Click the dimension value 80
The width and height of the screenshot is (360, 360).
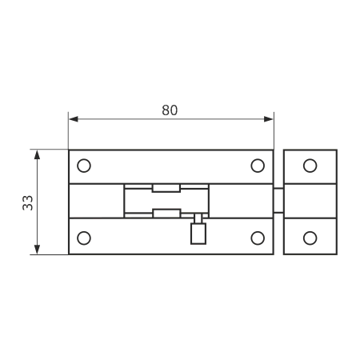[170, 110]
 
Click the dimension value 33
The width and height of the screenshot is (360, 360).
[28, 203]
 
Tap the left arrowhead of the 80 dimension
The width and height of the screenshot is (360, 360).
[74, 119]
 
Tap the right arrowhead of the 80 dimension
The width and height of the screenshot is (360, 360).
[269, 119]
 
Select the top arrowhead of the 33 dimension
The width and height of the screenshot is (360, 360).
[37, 154]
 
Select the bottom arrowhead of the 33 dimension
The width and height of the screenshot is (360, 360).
[37, 250]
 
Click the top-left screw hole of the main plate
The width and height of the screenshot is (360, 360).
[84, 166]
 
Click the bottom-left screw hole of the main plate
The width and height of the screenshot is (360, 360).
[84, 238]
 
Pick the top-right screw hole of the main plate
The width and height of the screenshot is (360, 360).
[258, 166]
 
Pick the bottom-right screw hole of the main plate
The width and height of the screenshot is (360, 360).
[258, 238]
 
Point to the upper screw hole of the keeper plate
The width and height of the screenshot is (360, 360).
[310, 166]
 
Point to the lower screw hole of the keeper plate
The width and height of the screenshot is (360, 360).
[310, 238]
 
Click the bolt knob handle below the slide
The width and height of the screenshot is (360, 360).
[198, 234]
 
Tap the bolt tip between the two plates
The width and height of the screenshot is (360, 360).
[278, 201]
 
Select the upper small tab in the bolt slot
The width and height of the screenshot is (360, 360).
[166, 188]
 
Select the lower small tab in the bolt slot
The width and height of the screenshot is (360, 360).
[167, 214]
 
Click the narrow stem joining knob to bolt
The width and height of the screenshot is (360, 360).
[198, 218]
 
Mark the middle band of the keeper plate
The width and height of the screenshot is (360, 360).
[310, 201]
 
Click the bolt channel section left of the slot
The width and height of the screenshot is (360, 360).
[97, 201]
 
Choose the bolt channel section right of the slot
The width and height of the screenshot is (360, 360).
[241, 201]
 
